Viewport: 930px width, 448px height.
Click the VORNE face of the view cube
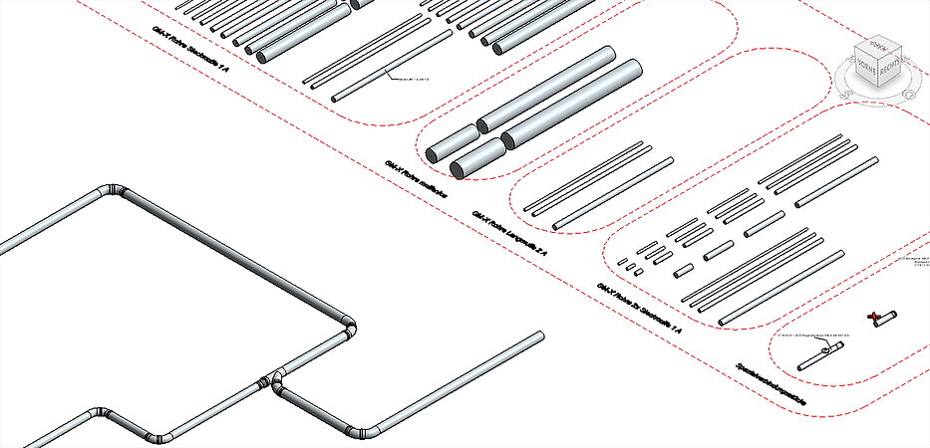coord(865,70)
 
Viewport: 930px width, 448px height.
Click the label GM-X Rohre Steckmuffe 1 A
coord(189,51)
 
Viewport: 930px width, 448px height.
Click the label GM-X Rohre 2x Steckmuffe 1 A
coord(639,308)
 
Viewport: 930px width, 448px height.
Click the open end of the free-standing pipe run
coord(539,336)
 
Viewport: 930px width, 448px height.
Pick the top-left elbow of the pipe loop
coord(113,190)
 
